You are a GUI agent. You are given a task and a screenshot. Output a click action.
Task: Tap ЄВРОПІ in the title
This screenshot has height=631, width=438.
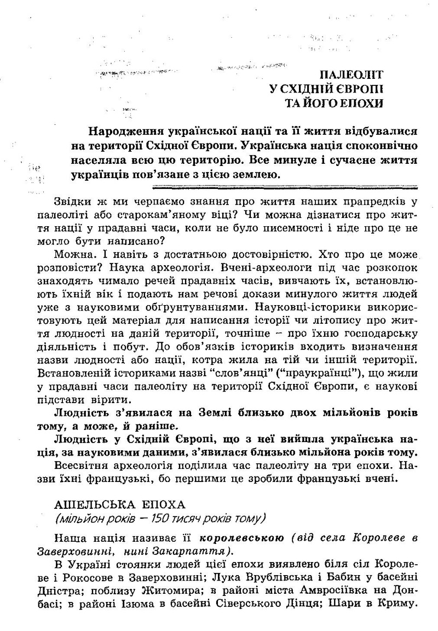(354, 89)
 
